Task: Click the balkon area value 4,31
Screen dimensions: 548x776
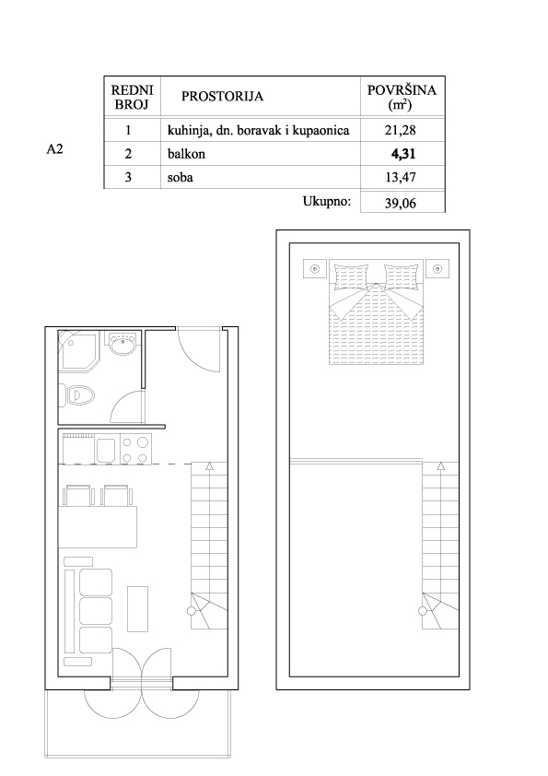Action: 403,154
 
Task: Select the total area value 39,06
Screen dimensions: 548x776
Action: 400,204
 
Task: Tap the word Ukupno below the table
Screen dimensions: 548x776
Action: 327,202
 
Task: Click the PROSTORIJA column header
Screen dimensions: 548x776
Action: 222,96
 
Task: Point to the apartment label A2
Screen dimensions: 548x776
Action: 55,149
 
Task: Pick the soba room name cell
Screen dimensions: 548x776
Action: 180,177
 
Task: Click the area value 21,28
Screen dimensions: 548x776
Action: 400,130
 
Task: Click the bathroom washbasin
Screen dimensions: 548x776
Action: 123,344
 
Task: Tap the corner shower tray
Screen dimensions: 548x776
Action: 78,350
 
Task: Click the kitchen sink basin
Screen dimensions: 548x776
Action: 106,451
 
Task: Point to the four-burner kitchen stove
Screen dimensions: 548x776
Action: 135,450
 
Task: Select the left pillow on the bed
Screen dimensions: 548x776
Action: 351,276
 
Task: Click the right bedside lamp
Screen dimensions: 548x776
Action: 437,269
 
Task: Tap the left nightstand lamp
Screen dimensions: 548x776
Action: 315,269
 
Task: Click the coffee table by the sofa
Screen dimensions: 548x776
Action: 138,608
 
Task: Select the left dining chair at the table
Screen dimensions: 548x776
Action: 77,496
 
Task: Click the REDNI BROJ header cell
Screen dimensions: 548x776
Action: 132,97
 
